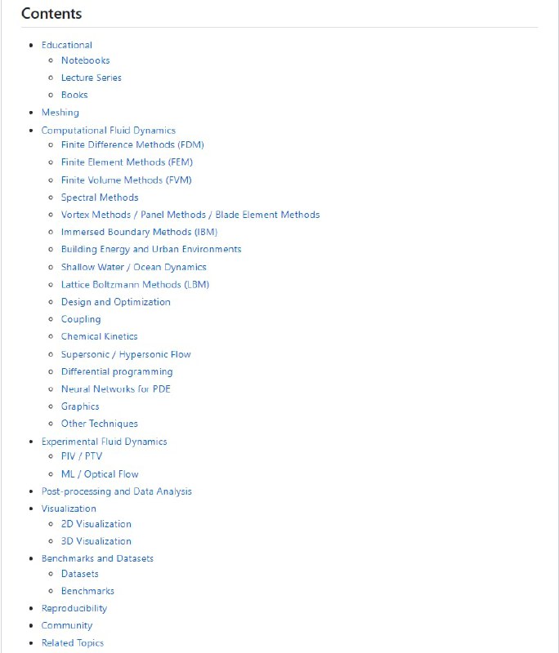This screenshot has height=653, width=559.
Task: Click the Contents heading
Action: coord(51,14)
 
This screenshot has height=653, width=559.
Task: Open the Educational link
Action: coord(67,45)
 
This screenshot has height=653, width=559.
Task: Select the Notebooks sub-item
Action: coord(85,60)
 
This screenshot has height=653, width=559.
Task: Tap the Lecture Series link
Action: coord(92,78)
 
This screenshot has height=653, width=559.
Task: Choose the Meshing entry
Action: coord(60,113)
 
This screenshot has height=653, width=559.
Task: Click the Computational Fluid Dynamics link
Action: coord(109,130)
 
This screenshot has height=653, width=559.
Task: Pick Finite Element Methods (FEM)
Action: coord(127,162)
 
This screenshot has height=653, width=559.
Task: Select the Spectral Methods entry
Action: coord(100,198)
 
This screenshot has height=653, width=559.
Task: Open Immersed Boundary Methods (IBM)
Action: coord(139,232)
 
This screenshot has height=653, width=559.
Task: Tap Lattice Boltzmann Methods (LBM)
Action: coord(135,285)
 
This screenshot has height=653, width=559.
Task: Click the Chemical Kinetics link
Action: coord(99,336)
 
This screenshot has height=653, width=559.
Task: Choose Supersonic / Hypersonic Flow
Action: coord(126,354)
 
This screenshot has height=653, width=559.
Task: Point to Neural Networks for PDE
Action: coord(116,389)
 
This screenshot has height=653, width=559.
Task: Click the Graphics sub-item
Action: coord(80,406)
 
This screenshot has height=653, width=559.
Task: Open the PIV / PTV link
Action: coord(82,456)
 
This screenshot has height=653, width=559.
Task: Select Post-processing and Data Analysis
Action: coord(117,491)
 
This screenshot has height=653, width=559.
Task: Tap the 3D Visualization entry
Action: coord(96,541)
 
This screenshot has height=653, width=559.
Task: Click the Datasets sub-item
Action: coord(80,574)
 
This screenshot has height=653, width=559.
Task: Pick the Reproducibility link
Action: coord(74,608)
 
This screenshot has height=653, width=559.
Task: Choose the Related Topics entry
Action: coord(73,643)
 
